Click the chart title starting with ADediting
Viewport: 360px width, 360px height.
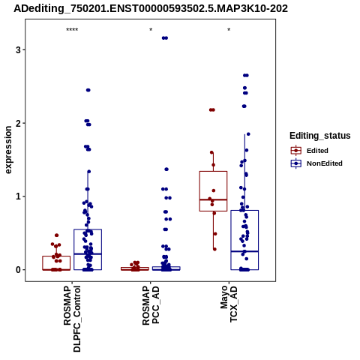pos(151,8)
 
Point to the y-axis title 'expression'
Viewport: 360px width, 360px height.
pos(8,150)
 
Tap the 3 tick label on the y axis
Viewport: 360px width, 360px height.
pos(18,49)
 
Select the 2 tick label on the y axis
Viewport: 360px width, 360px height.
pos(18,123)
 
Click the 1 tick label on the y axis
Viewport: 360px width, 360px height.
pos(18,196)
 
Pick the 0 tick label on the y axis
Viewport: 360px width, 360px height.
pos(18,270)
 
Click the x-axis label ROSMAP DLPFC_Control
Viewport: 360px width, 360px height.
pos(72,319)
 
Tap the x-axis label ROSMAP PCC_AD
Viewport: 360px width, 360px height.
pos(151,305)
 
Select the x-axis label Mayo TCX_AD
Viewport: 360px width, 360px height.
pos(229,304)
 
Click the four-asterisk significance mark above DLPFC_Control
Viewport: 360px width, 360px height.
pos(72,30)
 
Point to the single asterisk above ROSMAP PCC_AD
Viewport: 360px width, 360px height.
pos(151,30)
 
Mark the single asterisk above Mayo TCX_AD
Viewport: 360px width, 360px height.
pos(229,30)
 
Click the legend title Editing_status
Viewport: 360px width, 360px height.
pos(320,136)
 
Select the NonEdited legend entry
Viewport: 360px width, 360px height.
pos(316,163)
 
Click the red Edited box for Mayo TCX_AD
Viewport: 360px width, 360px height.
pos(213,172)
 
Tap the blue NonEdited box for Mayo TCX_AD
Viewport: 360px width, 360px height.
pos(244,211)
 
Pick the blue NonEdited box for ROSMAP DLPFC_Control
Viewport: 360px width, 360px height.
pos(88,229)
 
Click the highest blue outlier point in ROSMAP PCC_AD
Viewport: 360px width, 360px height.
pos(165,38)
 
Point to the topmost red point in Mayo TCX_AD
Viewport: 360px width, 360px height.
pos(212,109)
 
